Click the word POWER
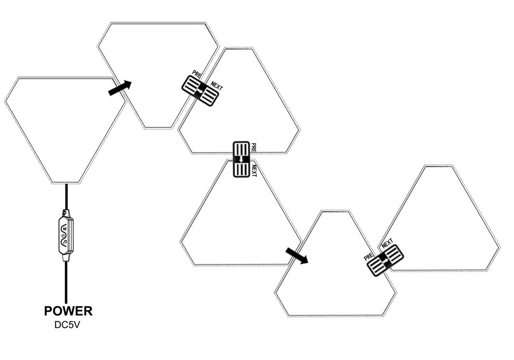(x=68, y=311)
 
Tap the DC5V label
(x=68, y=325)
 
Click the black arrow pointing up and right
(x=120, y=88)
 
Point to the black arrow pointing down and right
(x=297, y=255)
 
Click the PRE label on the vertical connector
(x=254, y=148)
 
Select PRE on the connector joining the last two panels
(x=369, y=255)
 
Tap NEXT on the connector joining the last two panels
(x=387, y=244)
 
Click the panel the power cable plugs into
(x=65, y=127)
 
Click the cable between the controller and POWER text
(x=67, y=283)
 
